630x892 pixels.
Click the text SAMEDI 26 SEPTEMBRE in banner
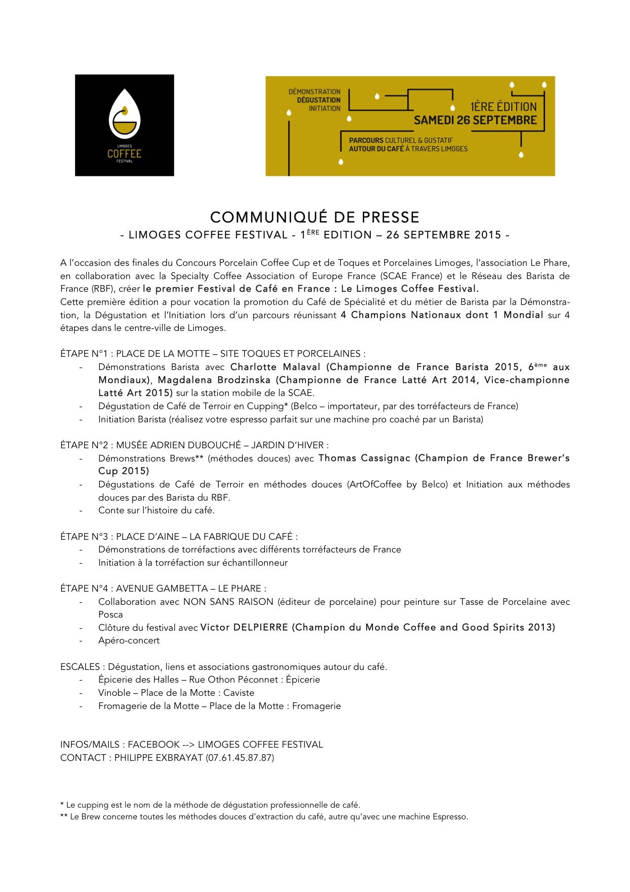pyautogui.click(x=475, y=120)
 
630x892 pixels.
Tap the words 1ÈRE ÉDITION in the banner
pyautogui.click(x=503, y=107)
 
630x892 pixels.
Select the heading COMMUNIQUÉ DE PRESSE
pyautogui.click(x=315, y=217)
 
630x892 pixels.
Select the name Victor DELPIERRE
pyautogui.click(x=244, y=628)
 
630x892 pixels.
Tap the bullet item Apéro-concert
pyautogui.click(x=129, y=641)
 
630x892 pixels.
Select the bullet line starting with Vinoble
pyautogui.click(x=176, y=693)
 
